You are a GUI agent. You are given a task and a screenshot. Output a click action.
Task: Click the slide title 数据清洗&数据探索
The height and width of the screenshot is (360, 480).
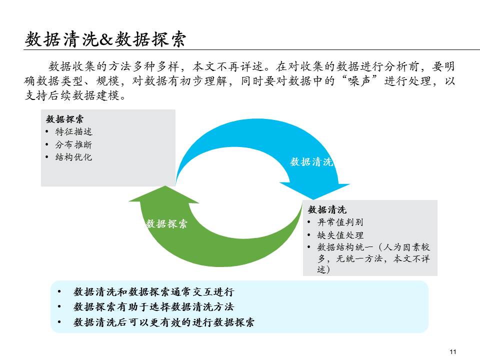[x=105, y=39]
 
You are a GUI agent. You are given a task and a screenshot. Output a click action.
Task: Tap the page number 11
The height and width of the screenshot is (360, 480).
[x=453, y=351]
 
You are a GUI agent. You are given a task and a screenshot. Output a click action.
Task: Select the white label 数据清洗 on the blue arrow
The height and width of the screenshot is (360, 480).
[x=311, y=162]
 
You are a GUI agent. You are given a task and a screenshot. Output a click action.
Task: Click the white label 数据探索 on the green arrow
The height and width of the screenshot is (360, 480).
[x=166, y=224]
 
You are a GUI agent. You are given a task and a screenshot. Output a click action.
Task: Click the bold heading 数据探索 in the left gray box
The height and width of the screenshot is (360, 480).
[x=65, y=119]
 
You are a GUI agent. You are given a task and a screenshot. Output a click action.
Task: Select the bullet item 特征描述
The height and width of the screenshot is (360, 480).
[x=73, y=132]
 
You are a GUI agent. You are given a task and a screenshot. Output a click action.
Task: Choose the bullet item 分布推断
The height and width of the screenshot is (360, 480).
[x=73, y=144]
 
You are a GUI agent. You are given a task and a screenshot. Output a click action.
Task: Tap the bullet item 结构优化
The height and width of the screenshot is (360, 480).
[x=73, y=157]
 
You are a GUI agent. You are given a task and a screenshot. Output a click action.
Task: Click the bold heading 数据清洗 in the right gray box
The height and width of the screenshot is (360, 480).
[x=327, y=209]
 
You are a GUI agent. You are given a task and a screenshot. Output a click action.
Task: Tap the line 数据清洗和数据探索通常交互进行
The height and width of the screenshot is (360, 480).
[x=153, y=292]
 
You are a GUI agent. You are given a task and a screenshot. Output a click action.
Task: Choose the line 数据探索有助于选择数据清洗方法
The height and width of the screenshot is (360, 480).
[x=153, y=307]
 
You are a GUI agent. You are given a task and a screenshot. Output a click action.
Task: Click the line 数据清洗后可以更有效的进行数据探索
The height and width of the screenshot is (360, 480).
[x=164, y=322]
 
